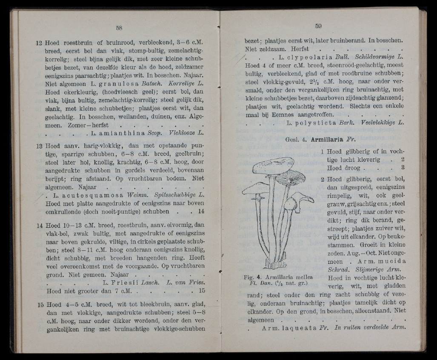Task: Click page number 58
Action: [119, 29]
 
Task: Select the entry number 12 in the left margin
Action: [39, 43]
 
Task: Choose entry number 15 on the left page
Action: [39, 305]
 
